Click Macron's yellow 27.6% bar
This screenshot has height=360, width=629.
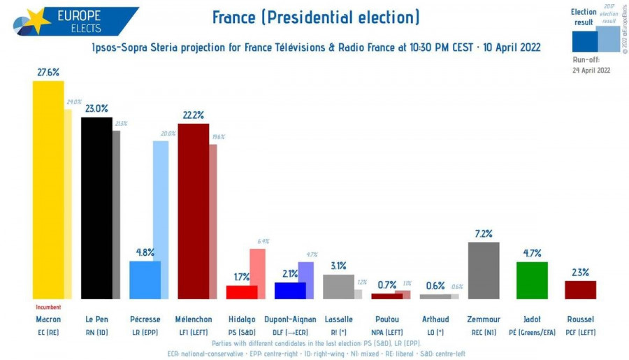click(48, 189)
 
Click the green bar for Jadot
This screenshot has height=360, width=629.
click(532, 280)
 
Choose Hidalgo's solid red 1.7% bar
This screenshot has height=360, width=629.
click(242, 292)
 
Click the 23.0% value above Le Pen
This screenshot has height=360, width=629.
click(96, 108)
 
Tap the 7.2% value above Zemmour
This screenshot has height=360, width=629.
click(484, 233)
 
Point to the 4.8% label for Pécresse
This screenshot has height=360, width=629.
click(145, 252)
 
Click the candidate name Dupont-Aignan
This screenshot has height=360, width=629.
click(290, 319)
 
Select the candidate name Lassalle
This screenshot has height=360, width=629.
click(339, 319)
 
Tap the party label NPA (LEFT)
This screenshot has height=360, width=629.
click(387, 332)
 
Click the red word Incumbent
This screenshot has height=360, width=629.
click(48, 307)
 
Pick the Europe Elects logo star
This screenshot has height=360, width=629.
click(35, 21)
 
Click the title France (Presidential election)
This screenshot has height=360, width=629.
click(315, 17)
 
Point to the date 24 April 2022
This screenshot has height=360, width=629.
click(591, 70)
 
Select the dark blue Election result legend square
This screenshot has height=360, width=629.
click(584, 41)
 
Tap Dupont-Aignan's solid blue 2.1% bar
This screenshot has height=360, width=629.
click(290, 291)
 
